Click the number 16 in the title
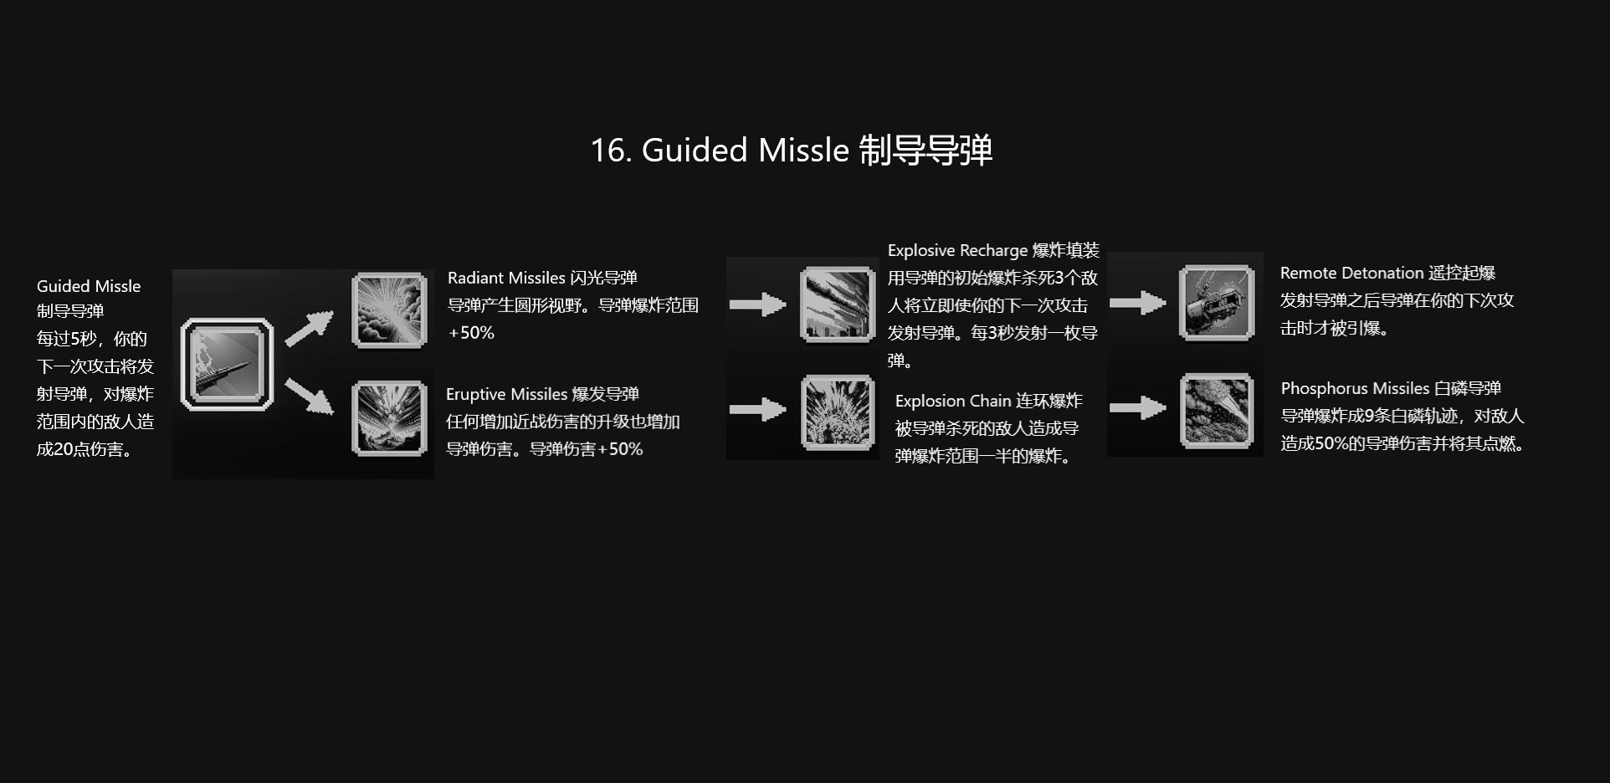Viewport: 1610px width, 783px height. click(609, 151)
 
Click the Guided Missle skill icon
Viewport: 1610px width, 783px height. click(227, 364)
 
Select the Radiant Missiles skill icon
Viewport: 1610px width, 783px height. click(389, 310)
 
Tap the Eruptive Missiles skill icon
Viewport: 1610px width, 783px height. click(389, 418)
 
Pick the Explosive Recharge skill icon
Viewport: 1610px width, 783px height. click(838, 304)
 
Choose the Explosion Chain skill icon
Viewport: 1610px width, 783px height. click(838, 412)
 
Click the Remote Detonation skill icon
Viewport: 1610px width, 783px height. click(1217, 303)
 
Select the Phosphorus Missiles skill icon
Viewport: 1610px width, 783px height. click(1217, 411)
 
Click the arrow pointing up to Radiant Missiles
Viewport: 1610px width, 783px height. click(309, 328)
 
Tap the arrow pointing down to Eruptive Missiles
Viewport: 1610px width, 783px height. click(309, 396)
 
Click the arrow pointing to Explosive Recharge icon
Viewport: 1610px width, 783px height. click(757, 304)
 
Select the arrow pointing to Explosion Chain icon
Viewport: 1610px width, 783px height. click(757, 410)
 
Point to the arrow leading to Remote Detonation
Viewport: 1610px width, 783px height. click(1137, 303)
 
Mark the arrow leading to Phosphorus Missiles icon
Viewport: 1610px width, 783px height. click(1137, 408)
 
